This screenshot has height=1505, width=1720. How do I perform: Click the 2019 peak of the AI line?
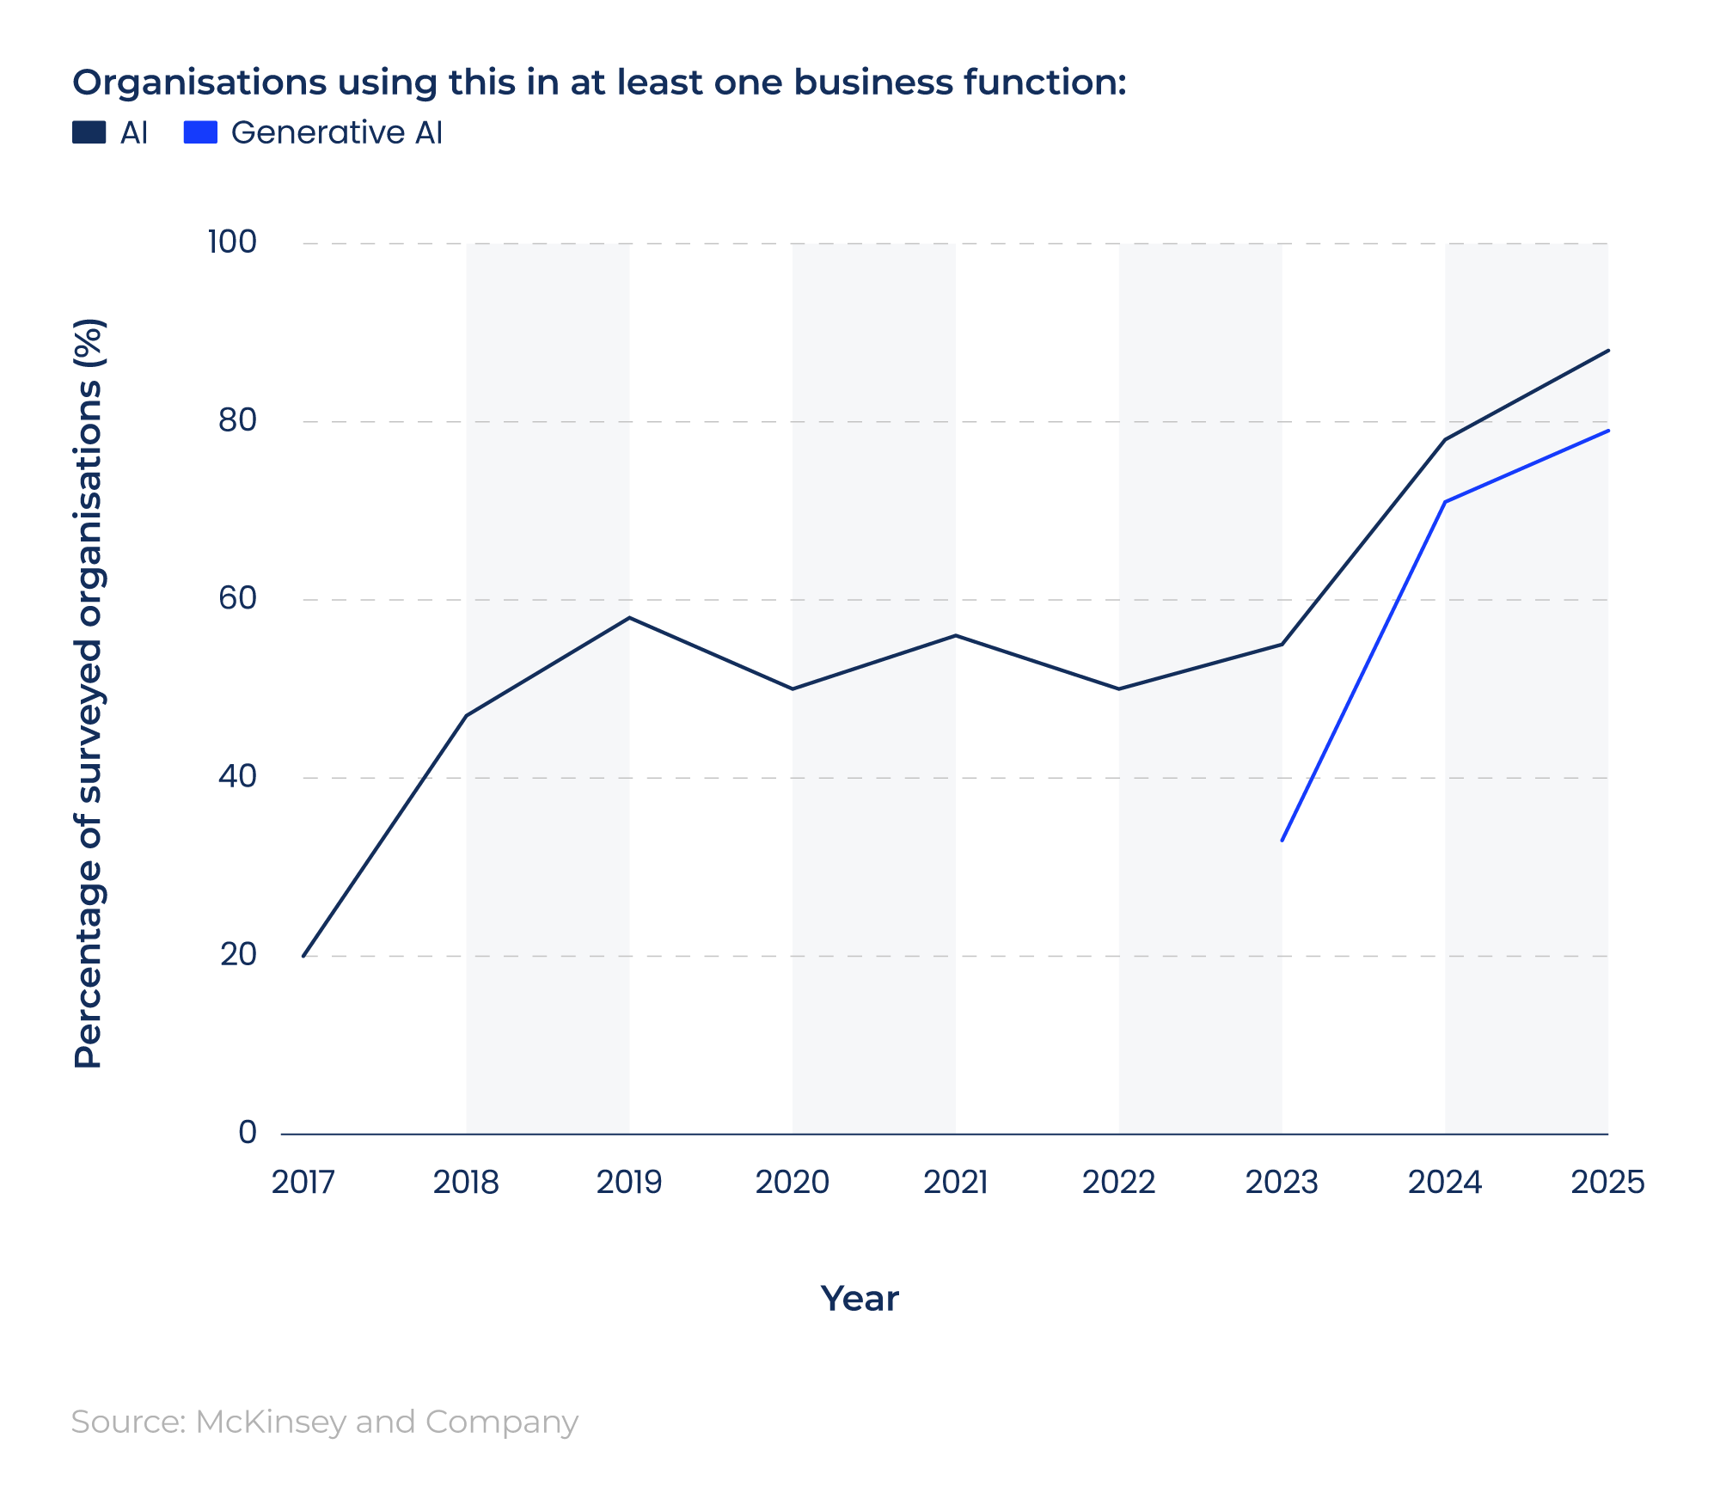[x=629, y=617]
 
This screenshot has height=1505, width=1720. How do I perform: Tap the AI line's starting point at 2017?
[x=303, y=956]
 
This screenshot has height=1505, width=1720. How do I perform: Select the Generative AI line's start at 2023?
[x=1282, y=840]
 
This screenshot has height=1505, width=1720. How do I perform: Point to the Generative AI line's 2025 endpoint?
[x=1607, y=431]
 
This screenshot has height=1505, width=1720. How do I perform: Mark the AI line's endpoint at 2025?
[x=1607, y=351]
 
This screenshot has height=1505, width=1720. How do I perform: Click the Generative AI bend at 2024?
[x=1445, y=502]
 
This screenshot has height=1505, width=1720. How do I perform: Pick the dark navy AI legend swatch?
[x=89, y=132]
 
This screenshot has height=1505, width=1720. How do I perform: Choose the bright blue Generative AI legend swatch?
[x=200, y=132]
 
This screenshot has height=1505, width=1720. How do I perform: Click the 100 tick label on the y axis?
[x=232, y=242]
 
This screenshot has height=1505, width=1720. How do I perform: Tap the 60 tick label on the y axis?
[x=237, y=598]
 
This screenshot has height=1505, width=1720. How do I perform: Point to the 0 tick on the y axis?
[x=248, y=1132]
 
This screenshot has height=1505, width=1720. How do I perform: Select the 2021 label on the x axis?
[x=955, y=1183]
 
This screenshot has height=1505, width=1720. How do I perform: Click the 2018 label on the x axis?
[x=466, y=1183]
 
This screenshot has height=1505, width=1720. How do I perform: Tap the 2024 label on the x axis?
[x=1445, y=1183]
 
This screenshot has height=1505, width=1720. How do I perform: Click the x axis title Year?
[x=860, y=1299]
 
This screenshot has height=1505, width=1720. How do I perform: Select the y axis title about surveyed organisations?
[x=89, y=693]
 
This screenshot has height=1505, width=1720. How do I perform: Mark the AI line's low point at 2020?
[x=792, y=688]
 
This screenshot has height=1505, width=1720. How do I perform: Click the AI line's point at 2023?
[x=1282, y=644]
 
